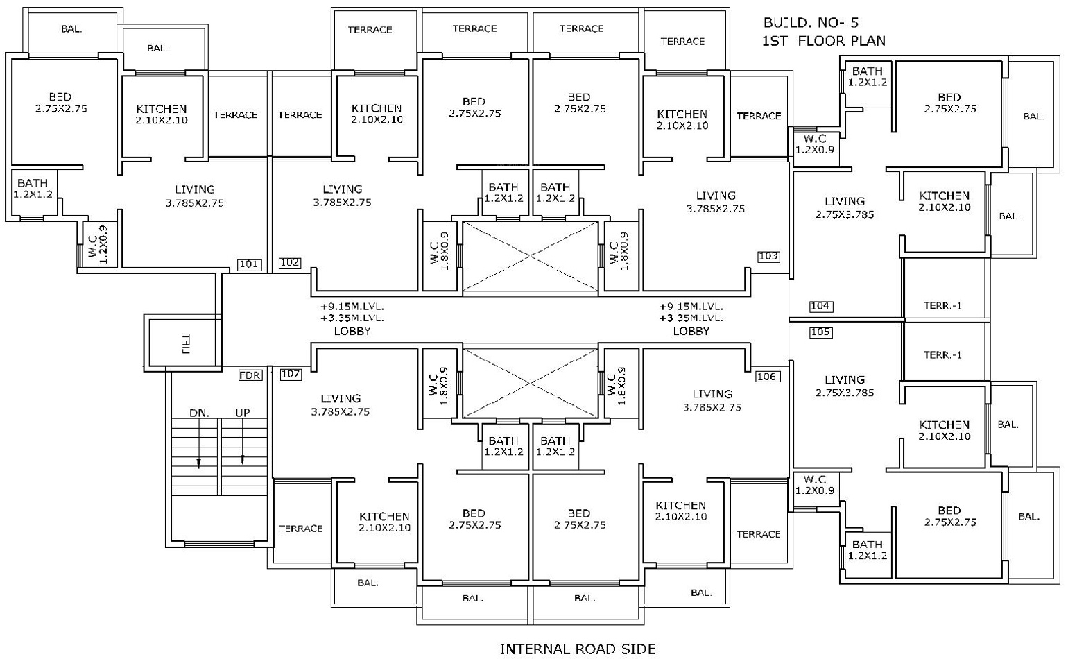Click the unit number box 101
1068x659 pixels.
point(250,264)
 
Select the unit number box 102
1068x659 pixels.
point(290,263)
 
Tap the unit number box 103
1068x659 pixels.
point(768,257)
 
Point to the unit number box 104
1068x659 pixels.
point(820,306)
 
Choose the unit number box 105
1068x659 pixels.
point(820,332)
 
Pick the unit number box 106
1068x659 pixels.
point(767,377)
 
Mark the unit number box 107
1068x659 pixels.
point(291,375)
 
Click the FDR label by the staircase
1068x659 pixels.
point(250,375)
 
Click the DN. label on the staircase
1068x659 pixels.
point(199,413)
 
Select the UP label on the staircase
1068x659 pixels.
point(242,413)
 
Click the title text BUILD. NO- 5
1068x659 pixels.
point(810,23)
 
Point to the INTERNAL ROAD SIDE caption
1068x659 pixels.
point(577,649)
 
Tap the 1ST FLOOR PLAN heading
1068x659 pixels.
point(823,41)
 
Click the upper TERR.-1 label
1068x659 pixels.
point(943,306)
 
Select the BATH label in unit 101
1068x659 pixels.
point(33,184)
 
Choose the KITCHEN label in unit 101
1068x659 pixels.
point(161,109)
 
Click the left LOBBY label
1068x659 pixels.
point(352,332)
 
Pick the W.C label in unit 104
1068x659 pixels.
point(814,139)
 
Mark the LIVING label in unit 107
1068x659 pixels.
point(341,399)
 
